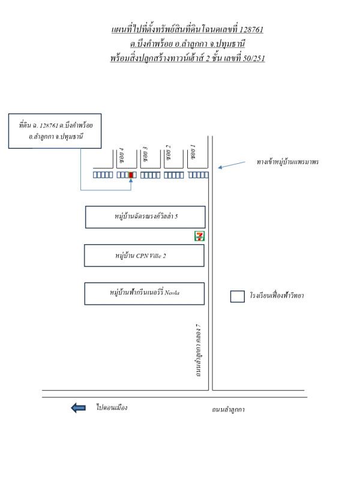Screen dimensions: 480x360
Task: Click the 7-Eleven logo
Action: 199,236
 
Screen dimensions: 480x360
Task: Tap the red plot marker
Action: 131,175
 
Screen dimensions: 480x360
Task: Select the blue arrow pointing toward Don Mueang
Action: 78,408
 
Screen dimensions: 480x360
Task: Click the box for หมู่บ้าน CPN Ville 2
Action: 145,255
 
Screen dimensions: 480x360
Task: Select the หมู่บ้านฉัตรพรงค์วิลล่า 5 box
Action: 145,217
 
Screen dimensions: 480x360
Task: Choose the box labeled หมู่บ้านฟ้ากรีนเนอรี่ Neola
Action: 145,293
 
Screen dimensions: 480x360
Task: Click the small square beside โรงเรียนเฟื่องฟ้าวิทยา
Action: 238,296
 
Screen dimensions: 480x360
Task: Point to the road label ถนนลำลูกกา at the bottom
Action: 228,410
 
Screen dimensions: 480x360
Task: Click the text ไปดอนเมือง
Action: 112,407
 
